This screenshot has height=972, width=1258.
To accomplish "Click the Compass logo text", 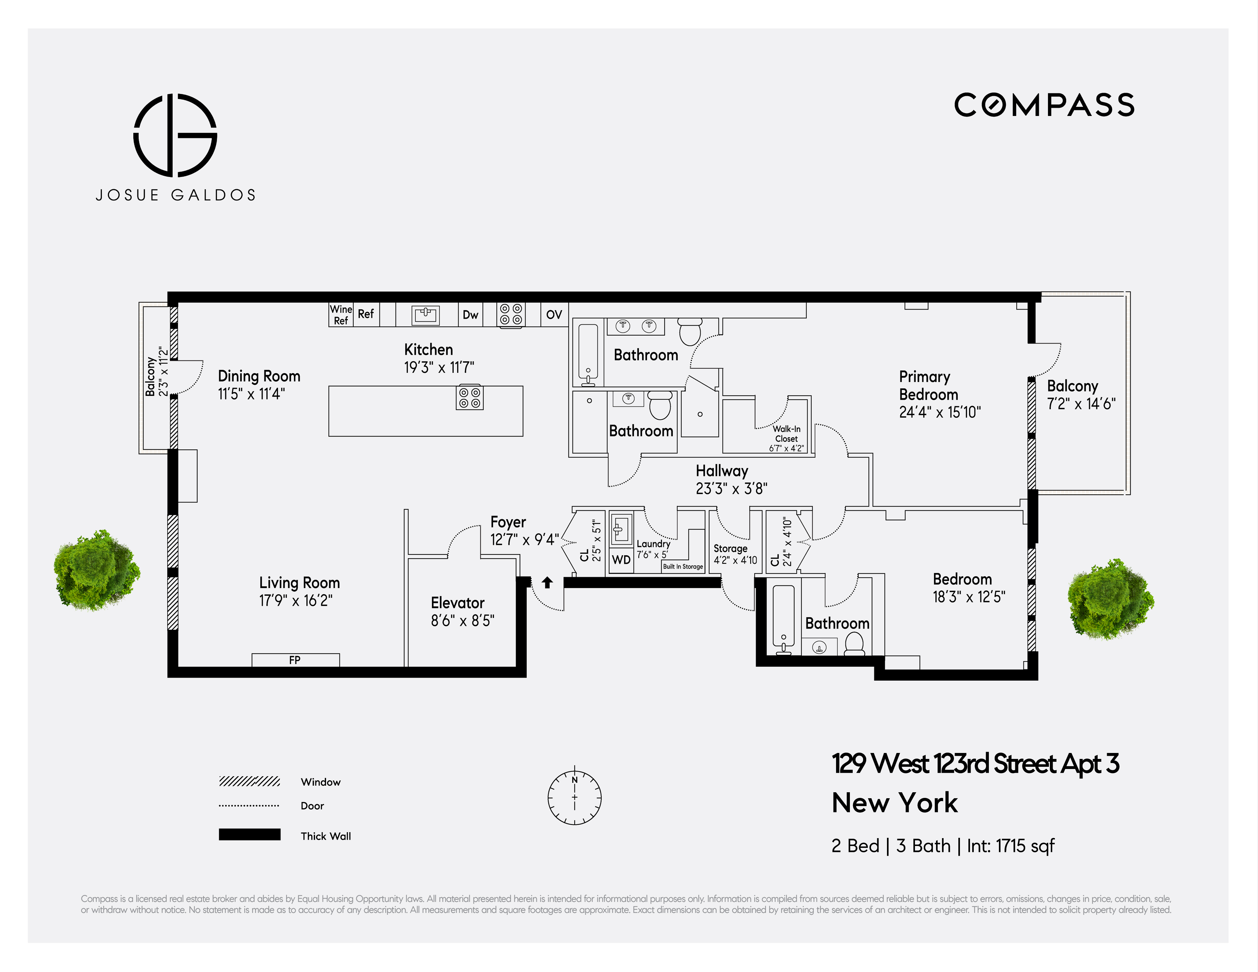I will [x=1044, y=105].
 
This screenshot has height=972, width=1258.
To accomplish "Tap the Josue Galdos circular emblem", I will [x=175, y=135].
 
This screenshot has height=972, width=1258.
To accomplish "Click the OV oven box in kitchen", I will [x=554, y=314].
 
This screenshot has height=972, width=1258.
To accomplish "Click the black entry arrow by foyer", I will [x=547, y=582].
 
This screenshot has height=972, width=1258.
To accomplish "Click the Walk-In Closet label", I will [x=786, y=434].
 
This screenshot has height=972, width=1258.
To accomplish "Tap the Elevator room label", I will [x=457, y=603].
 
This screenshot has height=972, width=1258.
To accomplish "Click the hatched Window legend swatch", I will [x=249, y=781].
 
